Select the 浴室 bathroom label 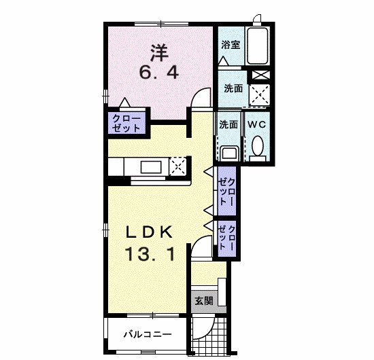pyautogui.click(x=231, y=46)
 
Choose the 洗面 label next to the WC pyautogui.click(x=228, y=125)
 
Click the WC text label pyautogui.click(x=256, y=125)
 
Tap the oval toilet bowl pyautogui.click(x=257, y=146)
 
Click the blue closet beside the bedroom pyautogui.click(x=128, y=123)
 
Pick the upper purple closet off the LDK pyautogui.click(x=226, y=192)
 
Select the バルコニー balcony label pyautogui.click(x=148, y=335)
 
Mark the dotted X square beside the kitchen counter pyautogui.click(x=178, y=165)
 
